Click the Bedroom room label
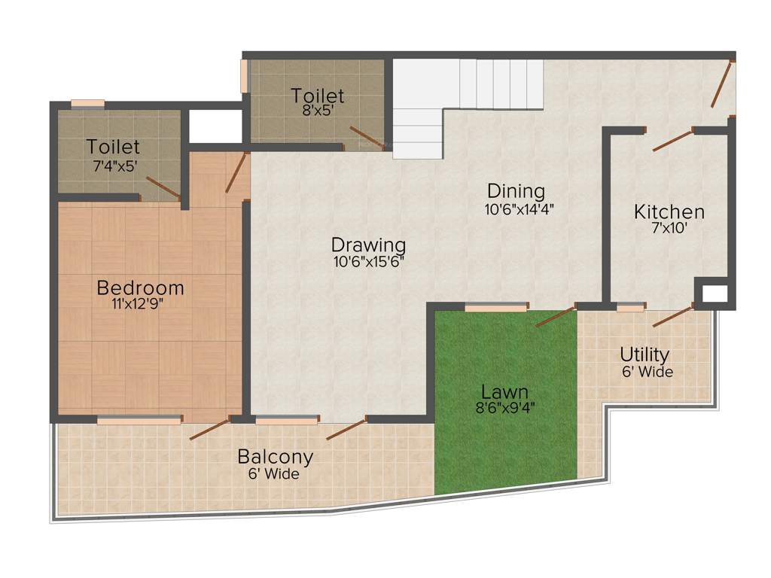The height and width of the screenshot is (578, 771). [x=141, y=287]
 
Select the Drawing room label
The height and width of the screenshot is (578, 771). [x=368, y=245]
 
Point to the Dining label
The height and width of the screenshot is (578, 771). [x=516, y=190]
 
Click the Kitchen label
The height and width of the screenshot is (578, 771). [x=669, y=211]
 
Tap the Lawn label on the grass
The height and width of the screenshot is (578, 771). [x=504, y=392]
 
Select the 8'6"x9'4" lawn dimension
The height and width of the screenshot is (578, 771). [x=504, y=409]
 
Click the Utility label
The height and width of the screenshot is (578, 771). [x=645, y=354]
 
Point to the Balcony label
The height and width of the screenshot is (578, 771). [x=276, y=457]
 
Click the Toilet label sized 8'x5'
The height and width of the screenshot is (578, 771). [x=318, y=96]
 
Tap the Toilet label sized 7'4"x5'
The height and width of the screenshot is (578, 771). [x=113, y=146]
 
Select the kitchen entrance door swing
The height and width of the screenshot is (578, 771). [x=672, y=140]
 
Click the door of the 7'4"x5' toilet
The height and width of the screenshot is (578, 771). [x=163, y=187]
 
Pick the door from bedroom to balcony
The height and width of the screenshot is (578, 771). [x=209, y=430]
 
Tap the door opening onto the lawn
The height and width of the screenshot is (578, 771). [x=556, y=316]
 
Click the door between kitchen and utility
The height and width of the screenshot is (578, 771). [x=672, y=316]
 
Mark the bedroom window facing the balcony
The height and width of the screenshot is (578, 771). [x=139, y=421]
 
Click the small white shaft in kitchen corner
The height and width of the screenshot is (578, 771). [x=714, y=294]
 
